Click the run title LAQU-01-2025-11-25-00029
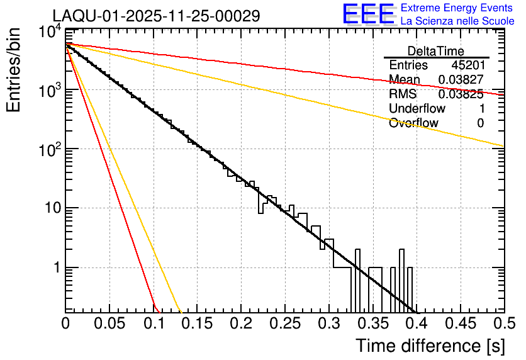click(156, 16)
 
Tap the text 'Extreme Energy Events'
click(457, 8)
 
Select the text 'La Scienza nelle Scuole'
click(457, 21)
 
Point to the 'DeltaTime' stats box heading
click(436, 51)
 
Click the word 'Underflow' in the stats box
click(417, 109)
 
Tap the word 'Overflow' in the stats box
click(413, 123)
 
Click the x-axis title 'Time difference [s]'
click(429, 346)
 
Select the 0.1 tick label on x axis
click(153, 324)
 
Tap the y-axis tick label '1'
click(55, 267)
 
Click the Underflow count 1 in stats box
click(481, 109)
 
